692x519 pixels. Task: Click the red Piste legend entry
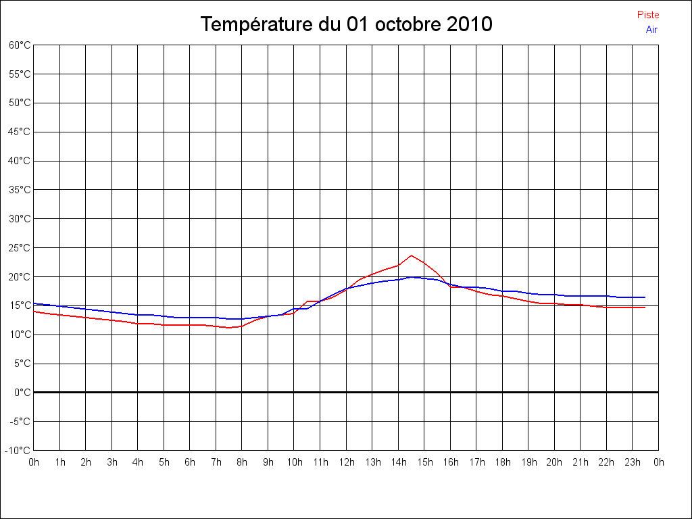point(647,15)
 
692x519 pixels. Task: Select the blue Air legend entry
point(651,30)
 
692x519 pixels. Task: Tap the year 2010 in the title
point(470,25)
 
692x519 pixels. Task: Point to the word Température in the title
point(257,25)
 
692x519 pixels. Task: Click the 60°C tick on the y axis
point(20,45)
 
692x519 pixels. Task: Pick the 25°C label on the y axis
point(20,248)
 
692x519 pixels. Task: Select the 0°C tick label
point(22,393)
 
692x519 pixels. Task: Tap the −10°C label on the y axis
point(18,451)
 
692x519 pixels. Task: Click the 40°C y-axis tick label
point(20,161)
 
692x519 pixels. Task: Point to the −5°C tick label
point(20,422)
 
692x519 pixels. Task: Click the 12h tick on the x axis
point(346,463)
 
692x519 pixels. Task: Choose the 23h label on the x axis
point(633,463)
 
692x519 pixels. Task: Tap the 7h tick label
point(216,463)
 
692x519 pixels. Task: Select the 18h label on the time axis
point(502,463)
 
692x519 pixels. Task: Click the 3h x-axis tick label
point(112,463)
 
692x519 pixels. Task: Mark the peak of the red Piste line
point(411,255)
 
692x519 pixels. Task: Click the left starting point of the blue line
point(34,303)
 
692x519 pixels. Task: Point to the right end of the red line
point(645,307)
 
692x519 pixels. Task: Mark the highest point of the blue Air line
point(411,277)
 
